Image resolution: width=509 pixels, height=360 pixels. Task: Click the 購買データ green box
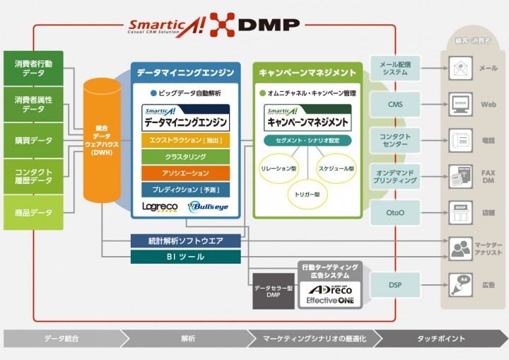[x=33, y=140]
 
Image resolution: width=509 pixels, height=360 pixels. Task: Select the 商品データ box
[x=33, y=213]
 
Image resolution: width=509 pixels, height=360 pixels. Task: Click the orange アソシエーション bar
[x=186, y=173]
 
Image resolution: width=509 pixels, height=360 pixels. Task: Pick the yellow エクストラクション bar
[x=186, y=140]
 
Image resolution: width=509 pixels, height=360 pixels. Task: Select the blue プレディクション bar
[x=186, y=190]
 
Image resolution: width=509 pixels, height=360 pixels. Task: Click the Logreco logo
[x=159, y=207]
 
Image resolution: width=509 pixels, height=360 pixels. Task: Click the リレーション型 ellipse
[x=279, y=170]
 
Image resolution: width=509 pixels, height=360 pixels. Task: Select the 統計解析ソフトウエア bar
[x=186, y=241]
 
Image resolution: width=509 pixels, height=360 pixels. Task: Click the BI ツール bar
[x=186, y=257]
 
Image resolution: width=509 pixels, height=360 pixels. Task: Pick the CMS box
[x=395, y=104]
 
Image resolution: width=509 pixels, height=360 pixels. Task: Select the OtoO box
[x=395, y=212]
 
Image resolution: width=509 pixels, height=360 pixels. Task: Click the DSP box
[x=395, y=284]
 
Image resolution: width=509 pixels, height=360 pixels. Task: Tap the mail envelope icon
[x=460, y=69]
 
